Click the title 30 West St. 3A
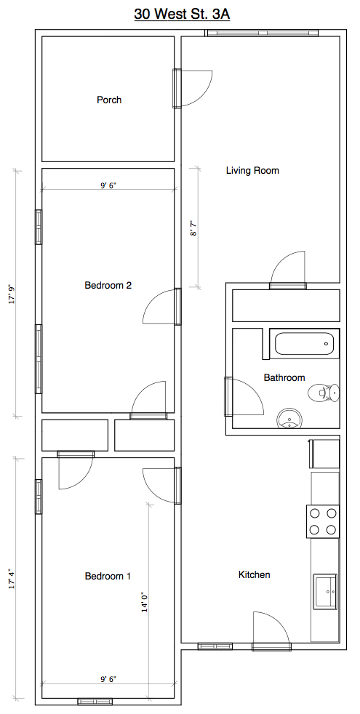point(182,14)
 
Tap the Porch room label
point(109,100)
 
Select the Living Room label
point(252,171)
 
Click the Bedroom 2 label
point(108,286)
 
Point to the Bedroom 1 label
point(108,576)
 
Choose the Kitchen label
point(255,574)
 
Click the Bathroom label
point(284,377)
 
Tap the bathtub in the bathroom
point(305,344)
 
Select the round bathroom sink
point(289,417)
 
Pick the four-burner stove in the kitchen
point(323,521)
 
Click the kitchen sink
point(325,590)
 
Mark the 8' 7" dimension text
point(193,228)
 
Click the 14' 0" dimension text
point(145,601)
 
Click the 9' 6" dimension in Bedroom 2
point(108,185)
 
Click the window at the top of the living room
point(261,33)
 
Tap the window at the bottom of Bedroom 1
point(95,701)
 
